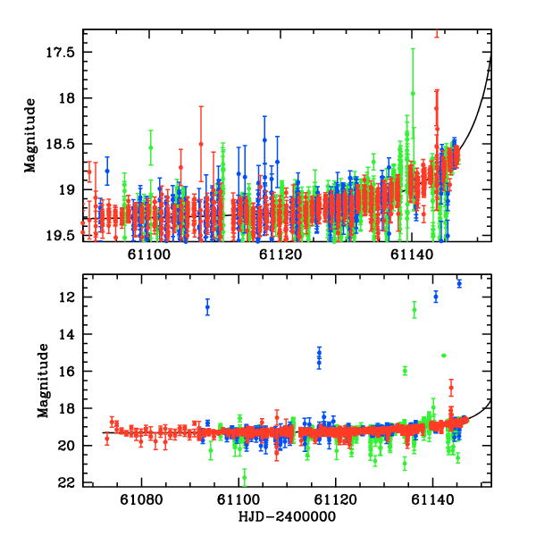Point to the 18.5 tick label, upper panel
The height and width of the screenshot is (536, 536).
pyautogui.click(x=61, y=143)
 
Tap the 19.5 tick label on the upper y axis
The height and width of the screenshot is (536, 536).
pyautogui.click(x=61, y=235)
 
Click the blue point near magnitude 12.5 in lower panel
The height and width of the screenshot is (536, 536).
pyautogui.click(x=207, y=306)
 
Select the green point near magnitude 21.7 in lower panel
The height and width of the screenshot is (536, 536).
pyautogui.click(x=244, y=476)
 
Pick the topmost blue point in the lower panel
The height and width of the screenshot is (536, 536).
pyautogui.click(x=459, y=283)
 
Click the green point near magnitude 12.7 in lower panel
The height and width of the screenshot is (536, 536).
pyautogui.click(x=415, y=310)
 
